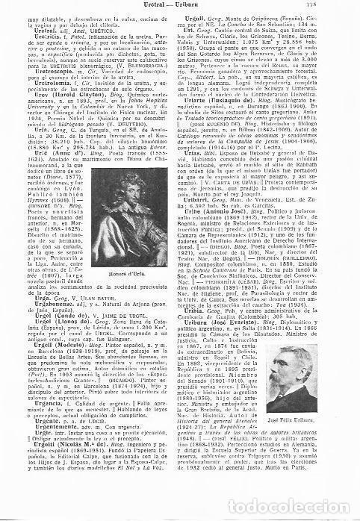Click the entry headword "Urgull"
(196, 22)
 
